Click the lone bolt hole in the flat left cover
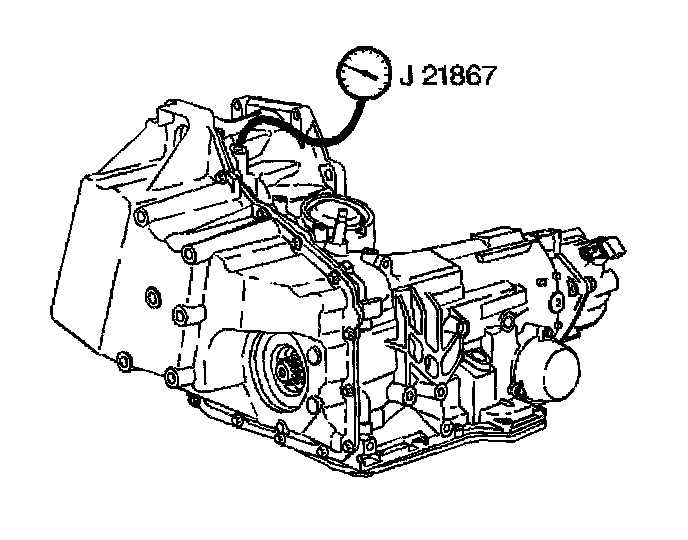[x=151, y=296]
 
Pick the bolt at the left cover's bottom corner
[x=123, y=358]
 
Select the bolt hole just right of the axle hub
[x=319, y=355]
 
